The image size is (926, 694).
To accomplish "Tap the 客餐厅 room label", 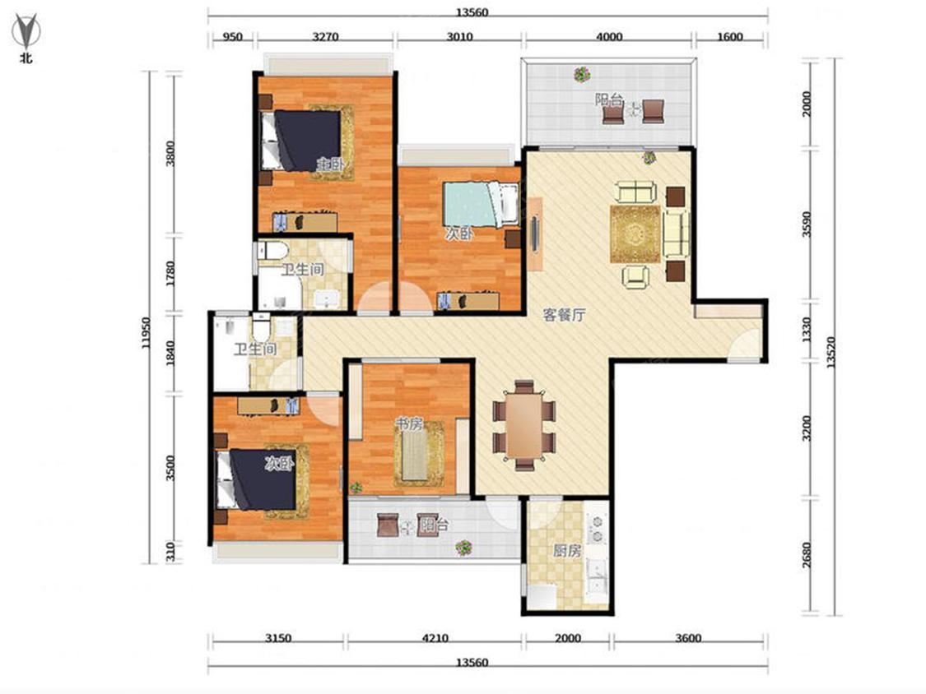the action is [564, 315].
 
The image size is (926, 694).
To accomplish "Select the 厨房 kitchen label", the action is [567, 551].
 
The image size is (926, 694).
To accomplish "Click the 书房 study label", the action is [408, 423].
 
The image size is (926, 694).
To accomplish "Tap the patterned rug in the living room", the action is [635, 234].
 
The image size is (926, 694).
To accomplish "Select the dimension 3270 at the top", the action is [325, 36].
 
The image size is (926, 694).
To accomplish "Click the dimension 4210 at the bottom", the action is [435, 638].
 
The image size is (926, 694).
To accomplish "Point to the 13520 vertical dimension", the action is [831, 353].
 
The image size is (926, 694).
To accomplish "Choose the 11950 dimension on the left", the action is [146, 333].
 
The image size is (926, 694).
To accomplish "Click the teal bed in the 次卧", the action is [481, 204].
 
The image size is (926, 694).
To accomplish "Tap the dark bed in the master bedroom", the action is [301, 141].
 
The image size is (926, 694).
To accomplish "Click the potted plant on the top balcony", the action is [582, 74].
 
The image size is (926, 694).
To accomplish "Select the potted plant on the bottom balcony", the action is [464, 548].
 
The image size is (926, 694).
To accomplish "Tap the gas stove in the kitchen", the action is [597, 529].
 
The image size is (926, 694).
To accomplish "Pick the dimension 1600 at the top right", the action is [730, 36].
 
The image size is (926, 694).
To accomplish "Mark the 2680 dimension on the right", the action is [807, 555].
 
